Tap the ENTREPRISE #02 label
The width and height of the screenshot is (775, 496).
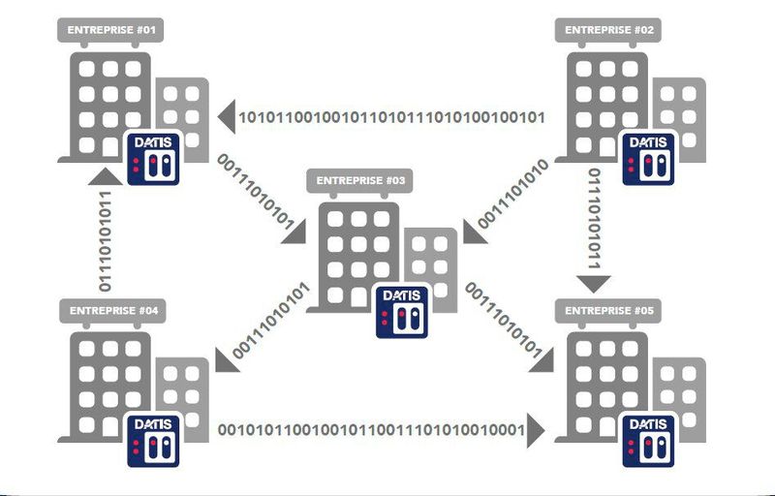coord(608,30)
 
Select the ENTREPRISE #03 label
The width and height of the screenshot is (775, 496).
coord(361,180)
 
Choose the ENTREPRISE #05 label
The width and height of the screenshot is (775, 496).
coord(608,310)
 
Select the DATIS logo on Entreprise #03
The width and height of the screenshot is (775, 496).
coord(402,312)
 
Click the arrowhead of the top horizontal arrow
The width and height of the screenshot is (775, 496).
coord(225,118)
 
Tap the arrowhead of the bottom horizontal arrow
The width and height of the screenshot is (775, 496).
coord(536,429)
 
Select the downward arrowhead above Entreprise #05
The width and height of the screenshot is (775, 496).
coord(595,284)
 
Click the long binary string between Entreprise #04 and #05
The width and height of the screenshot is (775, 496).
coord(370,429)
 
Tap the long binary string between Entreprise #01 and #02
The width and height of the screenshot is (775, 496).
coord(391,118)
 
